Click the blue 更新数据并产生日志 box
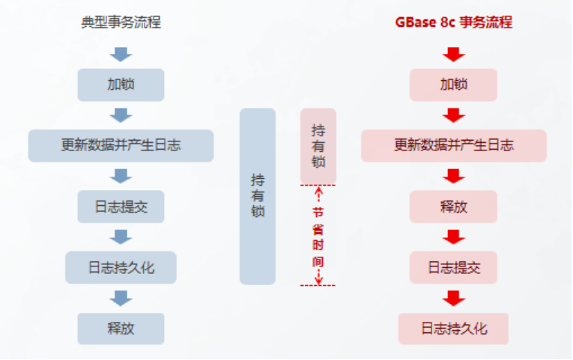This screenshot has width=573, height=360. click(x=121, y=145)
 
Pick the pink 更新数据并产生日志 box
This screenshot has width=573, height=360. click(x=453, y=145)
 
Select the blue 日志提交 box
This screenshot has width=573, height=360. click(x=121, y=207)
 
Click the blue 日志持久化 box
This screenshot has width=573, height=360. click(x=121, y=267)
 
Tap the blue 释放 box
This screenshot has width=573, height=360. click(x=121, y=329)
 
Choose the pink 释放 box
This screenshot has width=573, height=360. click(x=453, y=207)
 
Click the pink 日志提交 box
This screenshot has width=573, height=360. click(x=453, y=267)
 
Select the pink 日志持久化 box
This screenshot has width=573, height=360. click(x=453, y=329)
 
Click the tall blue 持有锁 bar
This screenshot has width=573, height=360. click(x=258, y=196)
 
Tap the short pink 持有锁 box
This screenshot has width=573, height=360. click(x=318, y=146)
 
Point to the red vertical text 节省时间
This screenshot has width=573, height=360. click(x=318, y=236)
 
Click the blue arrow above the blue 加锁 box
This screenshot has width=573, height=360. click(x=121, y=54)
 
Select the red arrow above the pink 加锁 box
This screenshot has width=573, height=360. click(x=453, y=54)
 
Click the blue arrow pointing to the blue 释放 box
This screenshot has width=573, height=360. click(x=121, y=298)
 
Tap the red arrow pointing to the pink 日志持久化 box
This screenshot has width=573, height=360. click(x=453, y=298)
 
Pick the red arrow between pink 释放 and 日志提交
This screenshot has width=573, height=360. click(x=453, y=237)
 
